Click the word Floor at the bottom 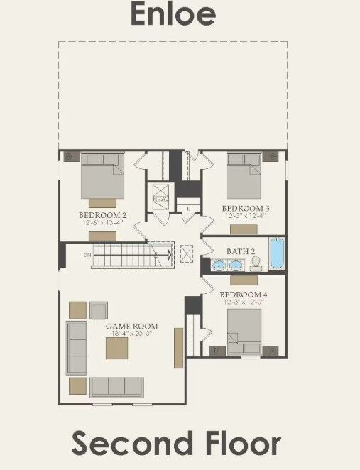coord(241,443)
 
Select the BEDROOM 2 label coord(102,214)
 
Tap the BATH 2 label coord(236,252)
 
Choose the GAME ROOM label coord(132,327)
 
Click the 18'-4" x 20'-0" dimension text coord(132,334)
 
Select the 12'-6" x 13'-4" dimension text coord(102,222)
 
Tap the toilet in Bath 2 coord(256,263)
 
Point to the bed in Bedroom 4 coord(244,329)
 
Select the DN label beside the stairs coord(87,254)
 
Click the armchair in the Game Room coord(99,310)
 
